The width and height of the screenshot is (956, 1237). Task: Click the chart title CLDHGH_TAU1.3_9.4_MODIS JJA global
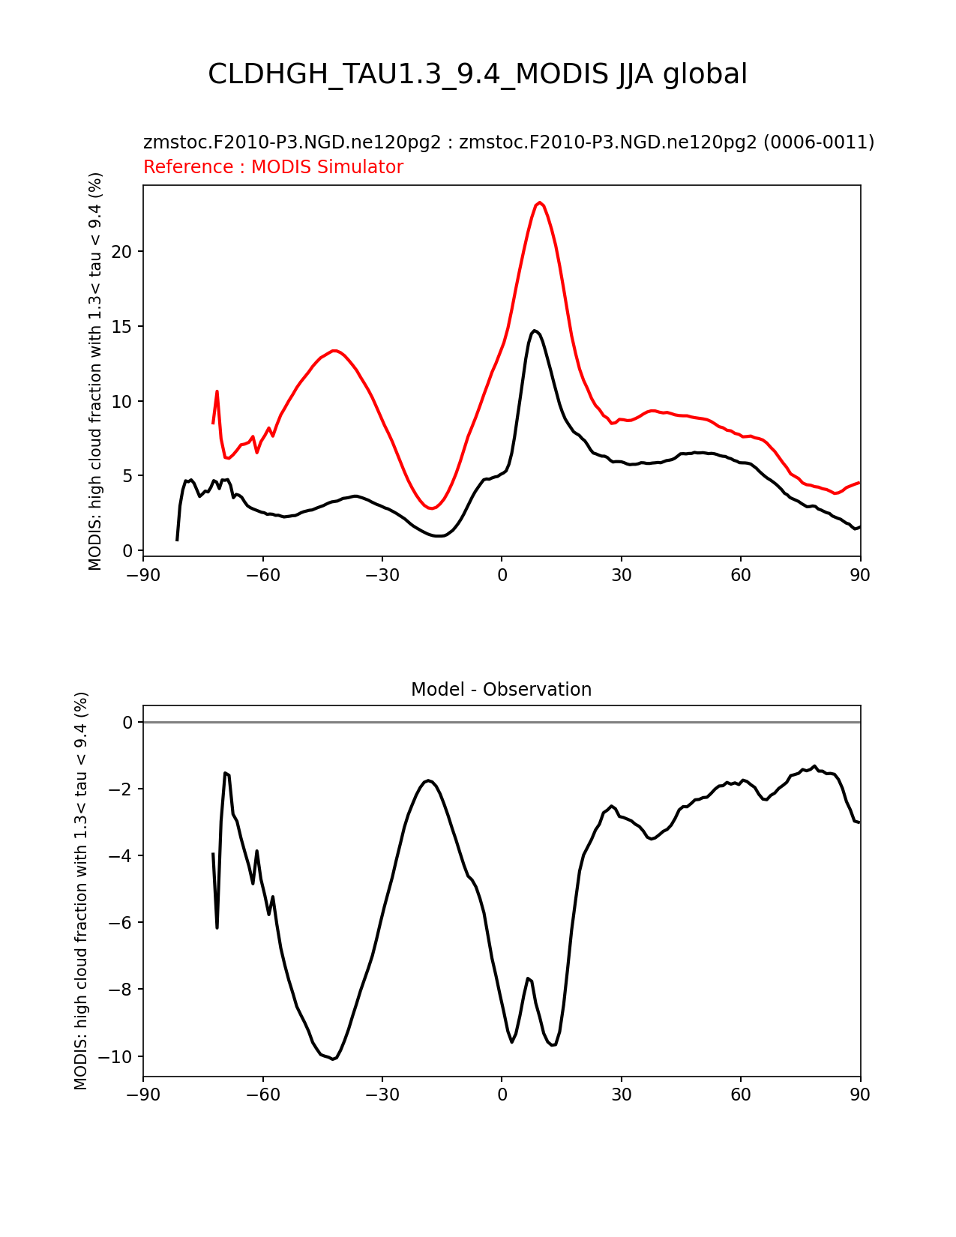coord(477,74)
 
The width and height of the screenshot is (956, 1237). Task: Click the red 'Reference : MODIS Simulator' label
coord(274,166)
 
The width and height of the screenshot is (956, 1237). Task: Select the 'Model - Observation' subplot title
coord(501,690)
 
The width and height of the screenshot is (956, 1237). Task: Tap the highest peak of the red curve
coord(539,202)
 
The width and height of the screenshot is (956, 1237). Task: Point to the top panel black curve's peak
coord(534,331)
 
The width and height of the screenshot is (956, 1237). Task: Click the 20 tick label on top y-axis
coord(122,252)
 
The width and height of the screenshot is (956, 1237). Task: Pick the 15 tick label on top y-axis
coord(122,327)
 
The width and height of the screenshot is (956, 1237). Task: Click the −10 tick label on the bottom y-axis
coord(115,1056)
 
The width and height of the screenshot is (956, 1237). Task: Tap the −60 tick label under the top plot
coord(263,576)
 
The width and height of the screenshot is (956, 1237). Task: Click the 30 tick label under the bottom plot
coord(622,1095)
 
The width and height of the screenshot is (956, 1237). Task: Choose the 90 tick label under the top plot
coord(860,576)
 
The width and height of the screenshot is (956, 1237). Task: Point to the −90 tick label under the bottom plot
coord(143,1095)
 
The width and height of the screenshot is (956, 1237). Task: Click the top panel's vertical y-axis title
coord(94,371)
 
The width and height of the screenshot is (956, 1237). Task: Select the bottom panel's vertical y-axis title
coord(80,891)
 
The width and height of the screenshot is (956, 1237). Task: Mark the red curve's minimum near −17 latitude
coord(432,508)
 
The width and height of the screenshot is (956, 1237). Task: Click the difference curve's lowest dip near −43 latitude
coord(333,1059)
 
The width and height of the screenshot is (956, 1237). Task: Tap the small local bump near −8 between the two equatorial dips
coord(529,978)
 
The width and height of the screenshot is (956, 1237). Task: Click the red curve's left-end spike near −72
coord(217,391)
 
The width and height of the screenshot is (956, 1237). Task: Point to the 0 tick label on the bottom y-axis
coord(127,723)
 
